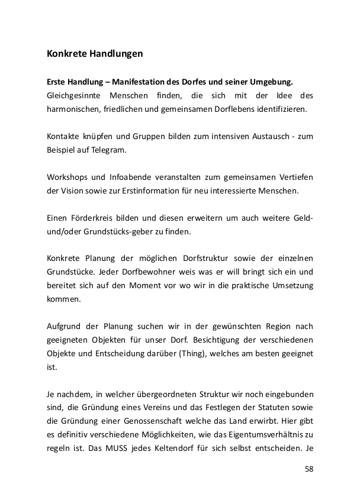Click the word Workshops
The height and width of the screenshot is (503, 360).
(66, 177)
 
